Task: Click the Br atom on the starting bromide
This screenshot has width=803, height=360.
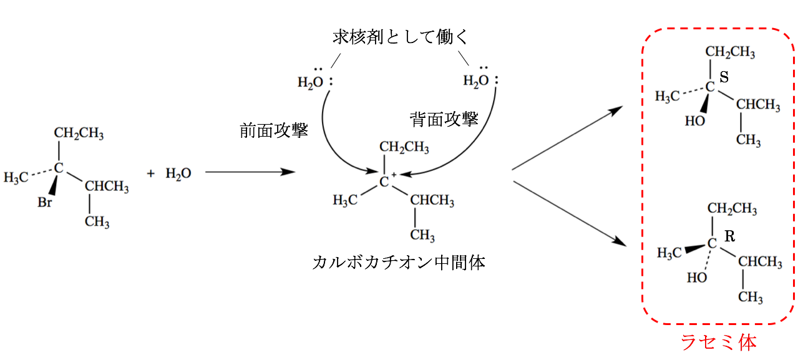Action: (45, 203)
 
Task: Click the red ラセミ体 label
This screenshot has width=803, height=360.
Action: (718, 343)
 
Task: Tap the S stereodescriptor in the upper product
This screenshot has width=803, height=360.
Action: (724, 77)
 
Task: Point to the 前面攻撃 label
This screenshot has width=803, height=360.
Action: (274, 131)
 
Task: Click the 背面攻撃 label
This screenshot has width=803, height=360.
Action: (444, 119)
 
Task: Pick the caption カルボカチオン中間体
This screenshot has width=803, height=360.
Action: (399, 263)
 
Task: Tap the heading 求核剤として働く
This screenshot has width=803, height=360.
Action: (400, 38)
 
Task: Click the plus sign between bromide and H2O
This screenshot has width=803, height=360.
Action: (150, 173)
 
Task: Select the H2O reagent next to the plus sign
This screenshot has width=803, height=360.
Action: (178, 173)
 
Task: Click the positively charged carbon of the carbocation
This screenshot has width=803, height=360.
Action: (385, 181)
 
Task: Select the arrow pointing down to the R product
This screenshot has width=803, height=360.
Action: (568, 212)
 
